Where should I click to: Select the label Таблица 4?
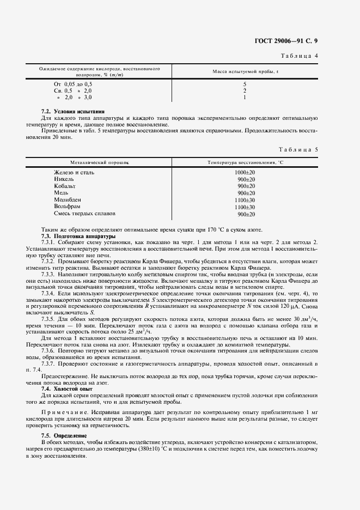pos(315,56)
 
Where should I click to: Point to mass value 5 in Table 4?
pos(245,84)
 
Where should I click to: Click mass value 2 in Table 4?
pos(245,90)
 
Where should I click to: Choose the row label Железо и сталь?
pos(74,172)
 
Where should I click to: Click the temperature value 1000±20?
pos(245,172)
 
